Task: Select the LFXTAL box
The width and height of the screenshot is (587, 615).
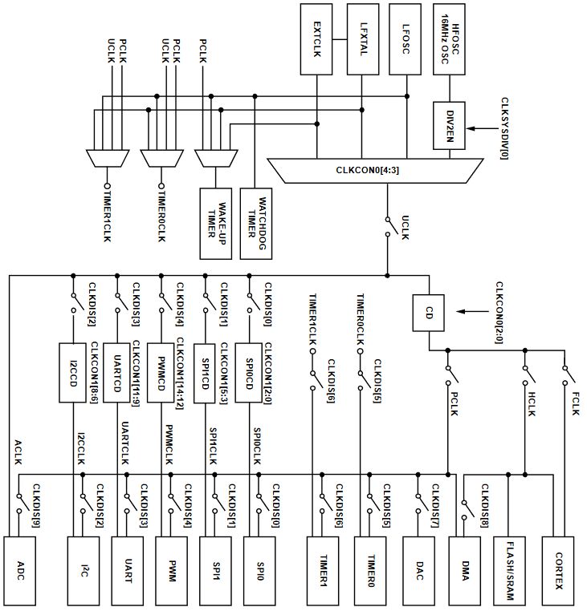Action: pyautogui.click(x=364, y=38)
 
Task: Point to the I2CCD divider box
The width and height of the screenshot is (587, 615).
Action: pyautogui.click(x=72, y=372)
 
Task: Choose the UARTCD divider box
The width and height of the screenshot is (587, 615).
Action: pyautogui.click(x=117, y=372)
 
